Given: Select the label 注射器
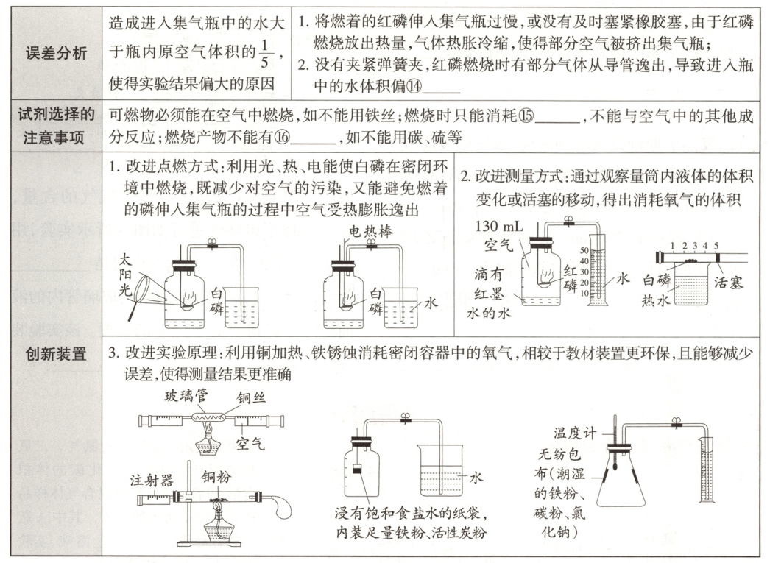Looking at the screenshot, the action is point(149,481).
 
